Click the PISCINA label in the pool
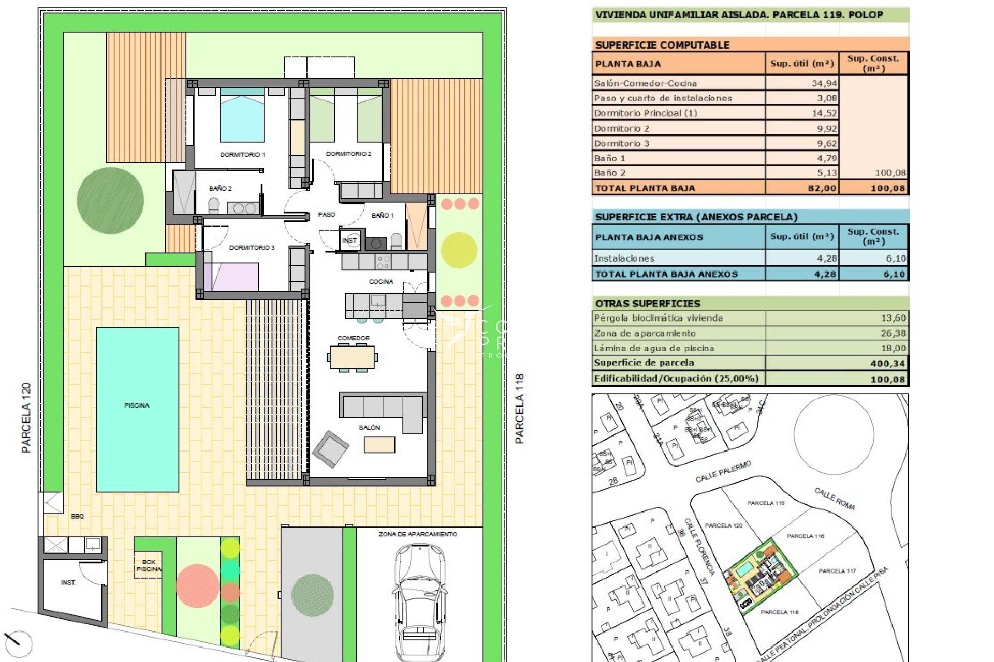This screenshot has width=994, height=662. [x=137, y=405]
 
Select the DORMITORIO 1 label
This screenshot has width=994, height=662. [x=242, y=154]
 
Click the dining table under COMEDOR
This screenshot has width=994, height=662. [x=352, y=357]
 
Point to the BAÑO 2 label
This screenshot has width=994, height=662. [x=221, y=188]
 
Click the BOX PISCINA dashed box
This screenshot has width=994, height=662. [x=148, y=565]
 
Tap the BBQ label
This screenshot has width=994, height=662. [x=77, y=516]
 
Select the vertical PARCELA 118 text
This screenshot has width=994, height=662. [x=519, y=409]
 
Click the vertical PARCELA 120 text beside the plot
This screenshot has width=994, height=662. [x=26, y=418]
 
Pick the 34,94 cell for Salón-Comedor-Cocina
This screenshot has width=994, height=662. [x=824, y=83]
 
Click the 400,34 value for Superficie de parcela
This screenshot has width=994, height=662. [x=887, y=364]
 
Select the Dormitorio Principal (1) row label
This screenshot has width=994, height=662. [x=646, y=113]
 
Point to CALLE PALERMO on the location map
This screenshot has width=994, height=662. [x=723, y=472]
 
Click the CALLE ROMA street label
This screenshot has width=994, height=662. [x=835, y=499]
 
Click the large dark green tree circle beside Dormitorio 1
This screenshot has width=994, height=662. [x=110, y=200]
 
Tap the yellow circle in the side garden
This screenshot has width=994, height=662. [x=459, y=250]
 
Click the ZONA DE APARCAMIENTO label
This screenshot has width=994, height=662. [x=417, y=534]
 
